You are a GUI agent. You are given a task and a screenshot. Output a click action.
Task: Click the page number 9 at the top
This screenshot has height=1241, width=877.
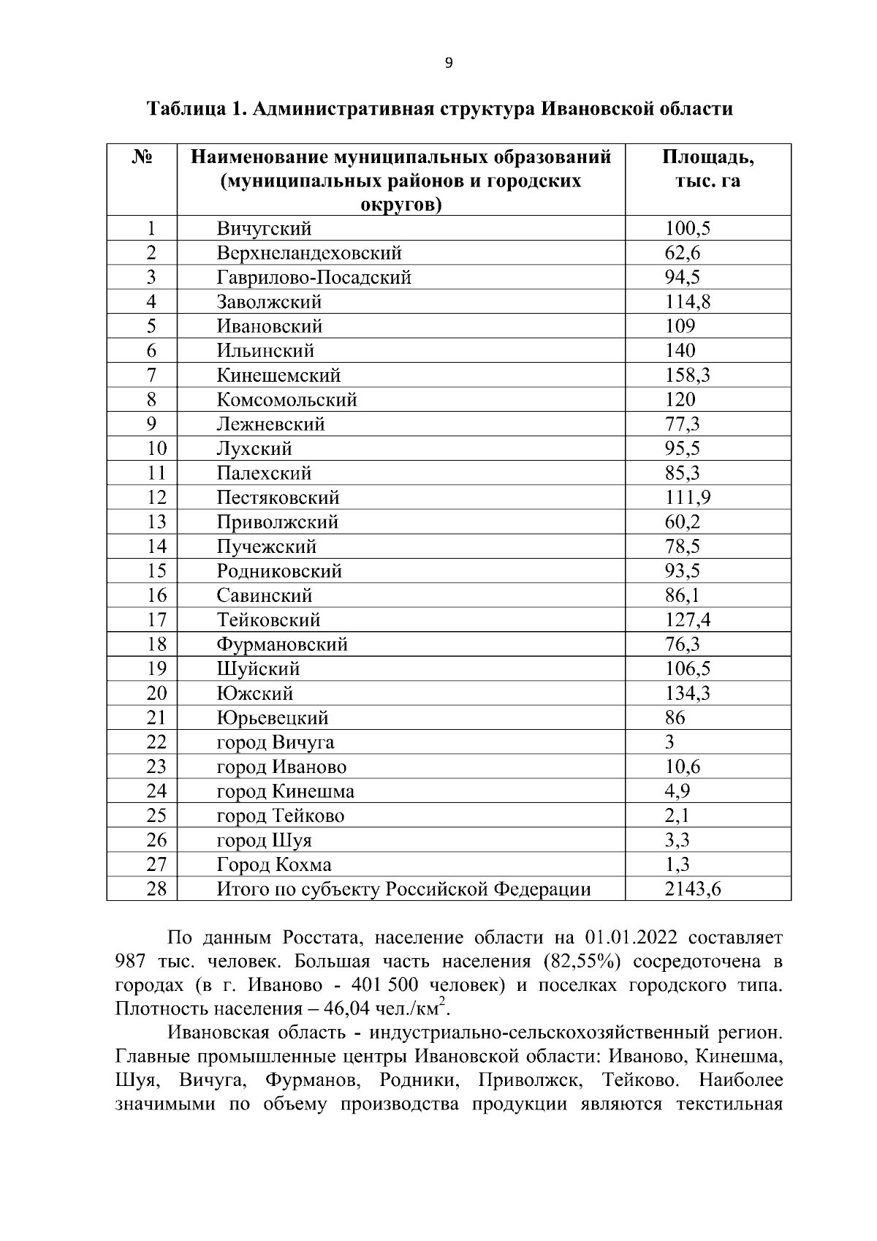(449, 64)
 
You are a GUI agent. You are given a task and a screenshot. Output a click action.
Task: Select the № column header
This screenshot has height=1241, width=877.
(143, 157)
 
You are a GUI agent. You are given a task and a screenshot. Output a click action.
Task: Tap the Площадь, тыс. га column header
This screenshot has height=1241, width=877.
(707, 169)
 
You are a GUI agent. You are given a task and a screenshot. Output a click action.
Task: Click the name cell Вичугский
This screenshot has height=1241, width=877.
(264, 229)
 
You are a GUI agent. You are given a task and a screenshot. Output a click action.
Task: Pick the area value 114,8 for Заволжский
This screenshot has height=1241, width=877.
(687, 302)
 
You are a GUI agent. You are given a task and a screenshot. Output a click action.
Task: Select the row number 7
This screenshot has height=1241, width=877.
(151, 375)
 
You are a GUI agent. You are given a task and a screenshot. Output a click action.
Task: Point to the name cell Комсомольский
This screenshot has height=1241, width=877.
(286, 400)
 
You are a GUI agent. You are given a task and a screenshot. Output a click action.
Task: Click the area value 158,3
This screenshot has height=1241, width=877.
(687, 375)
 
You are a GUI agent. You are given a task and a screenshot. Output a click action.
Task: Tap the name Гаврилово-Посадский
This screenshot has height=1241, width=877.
(314, 278)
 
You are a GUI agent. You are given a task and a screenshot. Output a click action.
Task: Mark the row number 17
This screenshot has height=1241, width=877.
(156, 620)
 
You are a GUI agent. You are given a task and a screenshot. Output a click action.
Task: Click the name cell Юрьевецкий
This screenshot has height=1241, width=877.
(273, 718)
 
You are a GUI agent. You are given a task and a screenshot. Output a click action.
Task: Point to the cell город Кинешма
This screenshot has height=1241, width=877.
(286, 791)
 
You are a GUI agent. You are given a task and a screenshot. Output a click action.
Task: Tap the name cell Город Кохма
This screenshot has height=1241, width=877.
(274, 865)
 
